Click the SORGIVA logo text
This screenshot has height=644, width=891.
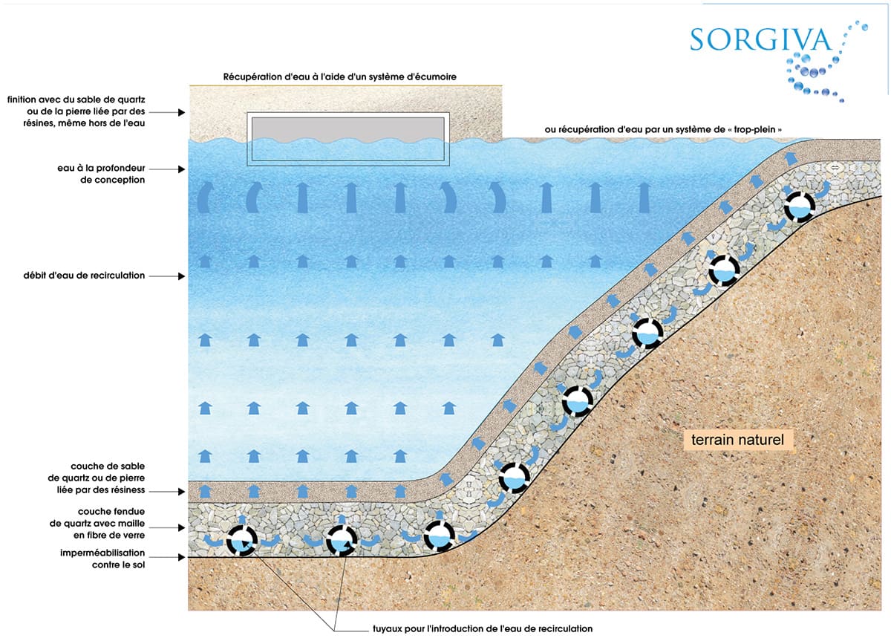pyautogui.click(x=760, y=40)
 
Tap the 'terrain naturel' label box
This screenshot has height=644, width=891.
pyautogui.click(x=738, y=440)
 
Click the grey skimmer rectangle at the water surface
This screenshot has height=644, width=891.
pyautogui.click(x=348, y=138)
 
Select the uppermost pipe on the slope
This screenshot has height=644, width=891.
pyautogui.click(x=800, y=206)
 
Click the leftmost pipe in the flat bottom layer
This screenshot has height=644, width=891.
pyautogui.click(x=242, y=541)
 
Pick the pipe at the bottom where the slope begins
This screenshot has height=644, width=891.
pyautogui.click(x=439, y=536)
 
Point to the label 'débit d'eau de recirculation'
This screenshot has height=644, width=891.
pyautogui.click(x=84, y=276)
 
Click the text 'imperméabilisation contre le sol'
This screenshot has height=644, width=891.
pyautogui.click(x=102, y=559)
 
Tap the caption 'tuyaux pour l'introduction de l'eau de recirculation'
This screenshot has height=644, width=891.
pyautogui.click(x=483, y=629)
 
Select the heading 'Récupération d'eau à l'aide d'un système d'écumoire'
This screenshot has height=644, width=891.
pyautogui.click(x=340, y=77)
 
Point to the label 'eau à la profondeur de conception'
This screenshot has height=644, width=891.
pyautogui.click(x=101, y=174)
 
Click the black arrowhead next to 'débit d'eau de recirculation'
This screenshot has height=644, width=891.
pyautogui.click(x=182, y=276)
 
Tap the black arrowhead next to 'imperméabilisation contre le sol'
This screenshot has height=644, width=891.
pyautogui.click(x=182, y=557)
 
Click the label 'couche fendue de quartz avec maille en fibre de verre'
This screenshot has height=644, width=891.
pyautogui.click(x=97, y=523)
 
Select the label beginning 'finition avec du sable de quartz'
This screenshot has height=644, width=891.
pyautogui.click(x=76, y=111)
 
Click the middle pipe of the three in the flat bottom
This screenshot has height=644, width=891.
pyautogui.click(x=342, y=541)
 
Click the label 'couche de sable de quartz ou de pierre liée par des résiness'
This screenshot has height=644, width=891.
pyautogui.click(x=97, y=478)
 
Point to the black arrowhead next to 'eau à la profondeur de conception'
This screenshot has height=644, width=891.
pyautogui.click(x=182, y=169)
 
